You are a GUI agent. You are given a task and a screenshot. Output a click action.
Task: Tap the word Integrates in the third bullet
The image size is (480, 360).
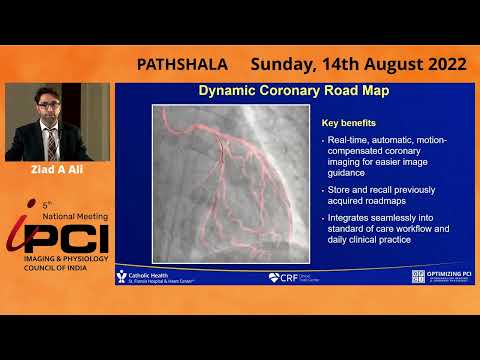coord(355,219)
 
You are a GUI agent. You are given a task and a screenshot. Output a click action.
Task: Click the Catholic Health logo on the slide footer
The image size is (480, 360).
coord(150,276)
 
